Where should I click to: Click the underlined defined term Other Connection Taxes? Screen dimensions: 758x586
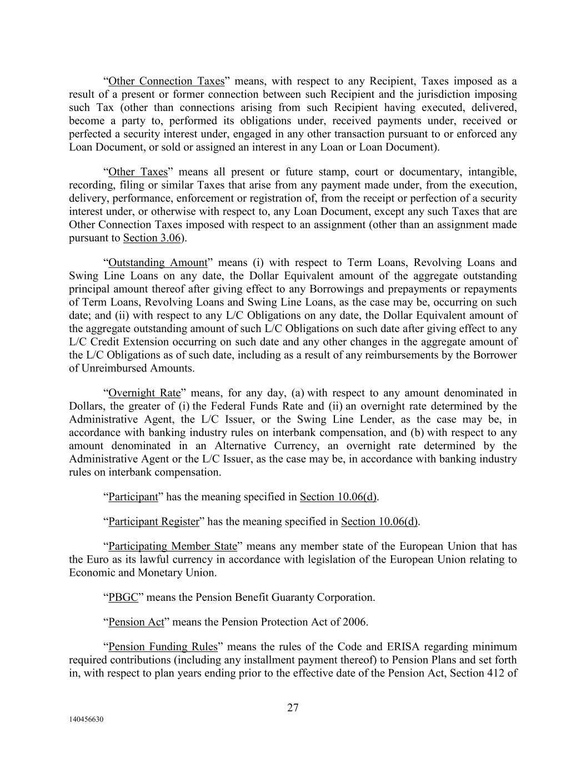coord(166,81)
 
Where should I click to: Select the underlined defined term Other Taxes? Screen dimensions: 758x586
coord(138,172)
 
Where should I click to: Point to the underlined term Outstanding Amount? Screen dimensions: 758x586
coord(158,263)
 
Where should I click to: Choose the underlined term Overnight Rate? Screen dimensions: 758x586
coord(144,393)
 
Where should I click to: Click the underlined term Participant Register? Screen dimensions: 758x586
coord(153,521)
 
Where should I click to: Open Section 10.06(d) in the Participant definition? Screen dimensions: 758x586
coord(338,497)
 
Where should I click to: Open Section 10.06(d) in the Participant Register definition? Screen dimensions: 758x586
coord(379,521)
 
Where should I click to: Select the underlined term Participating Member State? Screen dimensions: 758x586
coord(173,546)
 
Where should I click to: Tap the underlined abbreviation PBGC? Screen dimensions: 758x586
coord(123,598)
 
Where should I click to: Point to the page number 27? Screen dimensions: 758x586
coord(293,707)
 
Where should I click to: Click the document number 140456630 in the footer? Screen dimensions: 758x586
coord(86,720)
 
